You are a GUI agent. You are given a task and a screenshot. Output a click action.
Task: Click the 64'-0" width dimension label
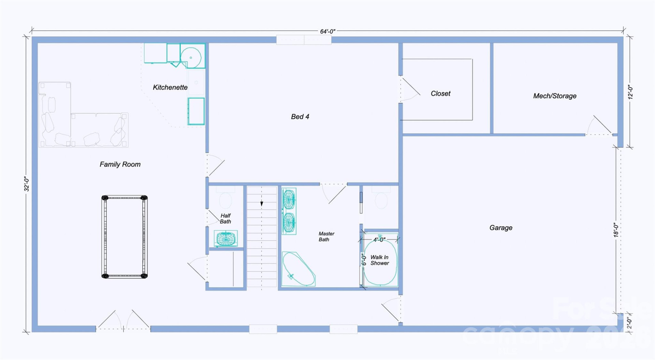(327, 31)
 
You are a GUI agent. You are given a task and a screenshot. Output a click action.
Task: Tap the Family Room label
(120, 164)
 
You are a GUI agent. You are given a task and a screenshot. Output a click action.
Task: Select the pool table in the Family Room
(125, 237)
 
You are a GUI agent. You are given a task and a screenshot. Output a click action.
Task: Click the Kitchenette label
(170, 87)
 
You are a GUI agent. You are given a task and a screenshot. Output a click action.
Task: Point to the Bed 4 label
(300, 117)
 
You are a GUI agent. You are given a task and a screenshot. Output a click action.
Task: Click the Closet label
(440, 93)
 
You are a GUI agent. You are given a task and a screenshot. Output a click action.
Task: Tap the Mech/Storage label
(555, 96)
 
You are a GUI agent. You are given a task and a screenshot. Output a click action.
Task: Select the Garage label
(501, 227)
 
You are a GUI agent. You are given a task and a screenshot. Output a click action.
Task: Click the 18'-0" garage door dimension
(616, 230)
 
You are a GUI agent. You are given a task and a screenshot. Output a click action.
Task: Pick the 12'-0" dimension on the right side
(630, 92)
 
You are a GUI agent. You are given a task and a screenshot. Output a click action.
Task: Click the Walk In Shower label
(379, 260)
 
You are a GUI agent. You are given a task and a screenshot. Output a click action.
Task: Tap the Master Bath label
(326, 236)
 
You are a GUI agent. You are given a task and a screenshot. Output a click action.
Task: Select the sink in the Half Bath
(225, 238)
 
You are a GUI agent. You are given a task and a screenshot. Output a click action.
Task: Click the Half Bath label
(225, 219)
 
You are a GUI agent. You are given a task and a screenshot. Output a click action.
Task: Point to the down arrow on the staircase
(262, 204)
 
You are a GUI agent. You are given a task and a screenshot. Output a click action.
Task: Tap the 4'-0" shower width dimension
(379, 240)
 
